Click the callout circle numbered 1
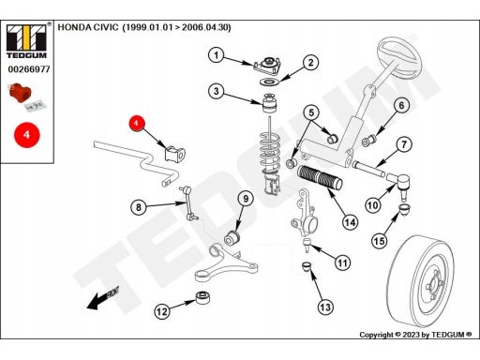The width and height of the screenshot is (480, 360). [x=217, y=55]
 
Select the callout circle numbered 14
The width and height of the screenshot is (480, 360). [x=350, y=222]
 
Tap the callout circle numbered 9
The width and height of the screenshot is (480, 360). [x=246, y=199]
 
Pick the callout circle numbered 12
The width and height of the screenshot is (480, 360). [x=162, y=311]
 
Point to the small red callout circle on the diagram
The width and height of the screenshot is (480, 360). [x=136, y=123]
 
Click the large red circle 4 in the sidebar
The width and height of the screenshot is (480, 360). [x=27, y=135]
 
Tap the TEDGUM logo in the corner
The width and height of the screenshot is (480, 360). [x=27, y=40]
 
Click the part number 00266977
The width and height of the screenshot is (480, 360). [x=29, y=69]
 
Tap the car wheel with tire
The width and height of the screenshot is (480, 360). [x=419, y=281]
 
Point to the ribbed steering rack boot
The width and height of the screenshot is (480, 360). [x=320, y=177]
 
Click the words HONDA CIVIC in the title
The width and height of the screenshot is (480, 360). [x=88, y=27]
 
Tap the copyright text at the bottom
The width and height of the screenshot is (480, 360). [x=415, y=335]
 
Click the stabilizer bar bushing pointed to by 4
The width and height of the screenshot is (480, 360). [x=174, y=154]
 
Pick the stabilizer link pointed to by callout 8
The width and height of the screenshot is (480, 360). [x=188, y=202]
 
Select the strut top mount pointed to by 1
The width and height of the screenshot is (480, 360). [x=267, y=66]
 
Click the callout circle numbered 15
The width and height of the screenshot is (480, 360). [x=380, y=241]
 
